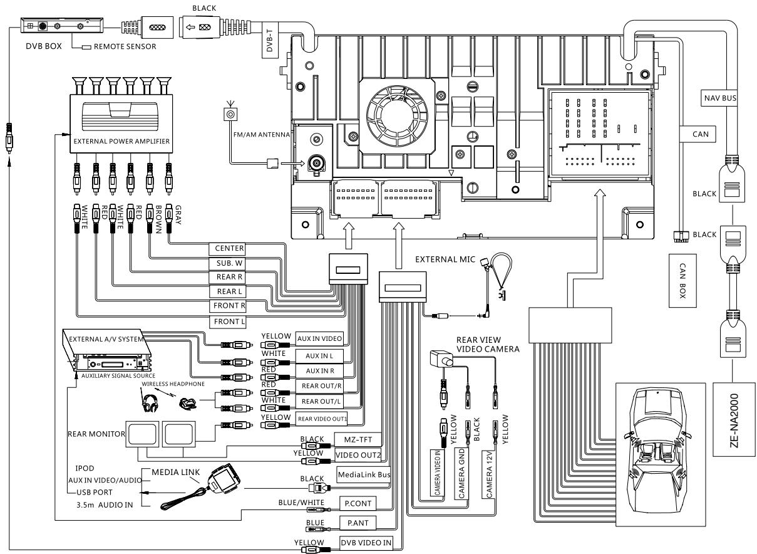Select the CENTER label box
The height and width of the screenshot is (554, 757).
click(227, 248)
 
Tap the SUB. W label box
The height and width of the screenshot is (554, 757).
click(227, 263)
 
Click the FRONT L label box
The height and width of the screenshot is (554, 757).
click(227, 321)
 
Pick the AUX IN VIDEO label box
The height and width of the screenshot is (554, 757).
click(319, 338)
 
